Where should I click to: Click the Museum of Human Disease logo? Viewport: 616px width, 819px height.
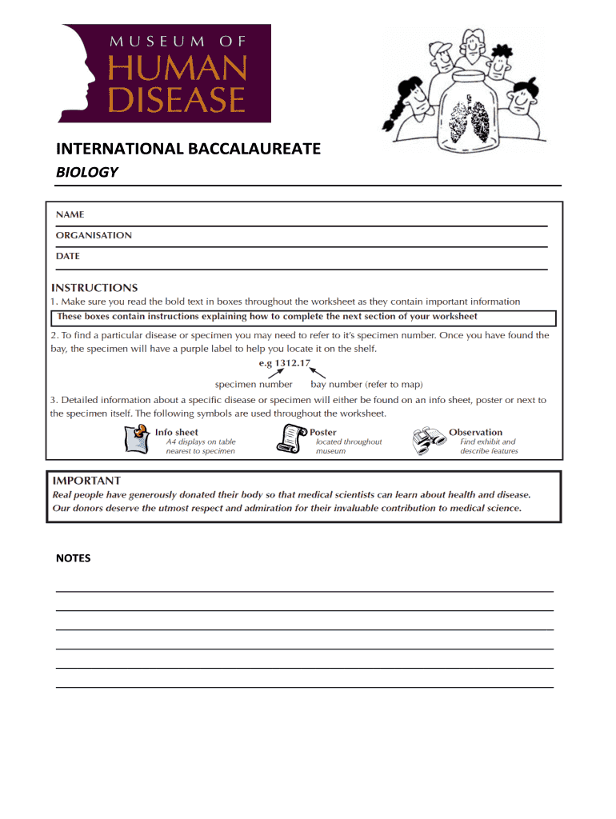point(163,73)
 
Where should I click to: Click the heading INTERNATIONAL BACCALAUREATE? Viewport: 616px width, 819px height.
point(188,149)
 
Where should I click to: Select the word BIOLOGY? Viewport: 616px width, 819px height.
point(86,172)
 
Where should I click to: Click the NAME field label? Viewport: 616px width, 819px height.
point(70,214)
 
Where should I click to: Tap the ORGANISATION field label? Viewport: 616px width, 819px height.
point(94,235)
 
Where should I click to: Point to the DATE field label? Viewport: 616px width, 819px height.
point(68,256)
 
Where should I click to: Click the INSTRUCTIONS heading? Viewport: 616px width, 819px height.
point(94,287)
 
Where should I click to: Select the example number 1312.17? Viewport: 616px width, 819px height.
point(292,363)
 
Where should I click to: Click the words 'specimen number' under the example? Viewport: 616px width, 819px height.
point(254,384)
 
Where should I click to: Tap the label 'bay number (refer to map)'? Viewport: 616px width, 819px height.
point(366,384)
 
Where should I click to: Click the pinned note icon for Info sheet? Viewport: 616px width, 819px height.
point(138,439)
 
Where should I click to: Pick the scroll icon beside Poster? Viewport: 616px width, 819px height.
point(291,439)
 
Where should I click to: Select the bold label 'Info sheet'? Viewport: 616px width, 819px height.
point(177,432)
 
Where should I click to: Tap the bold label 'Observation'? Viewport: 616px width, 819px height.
point(476,432)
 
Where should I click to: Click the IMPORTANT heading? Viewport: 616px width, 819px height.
point(86,481)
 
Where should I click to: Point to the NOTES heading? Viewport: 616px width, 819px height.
point(73,558)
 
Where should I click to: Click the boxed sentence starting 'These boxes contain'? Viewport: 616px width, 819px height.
point(267,317)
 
